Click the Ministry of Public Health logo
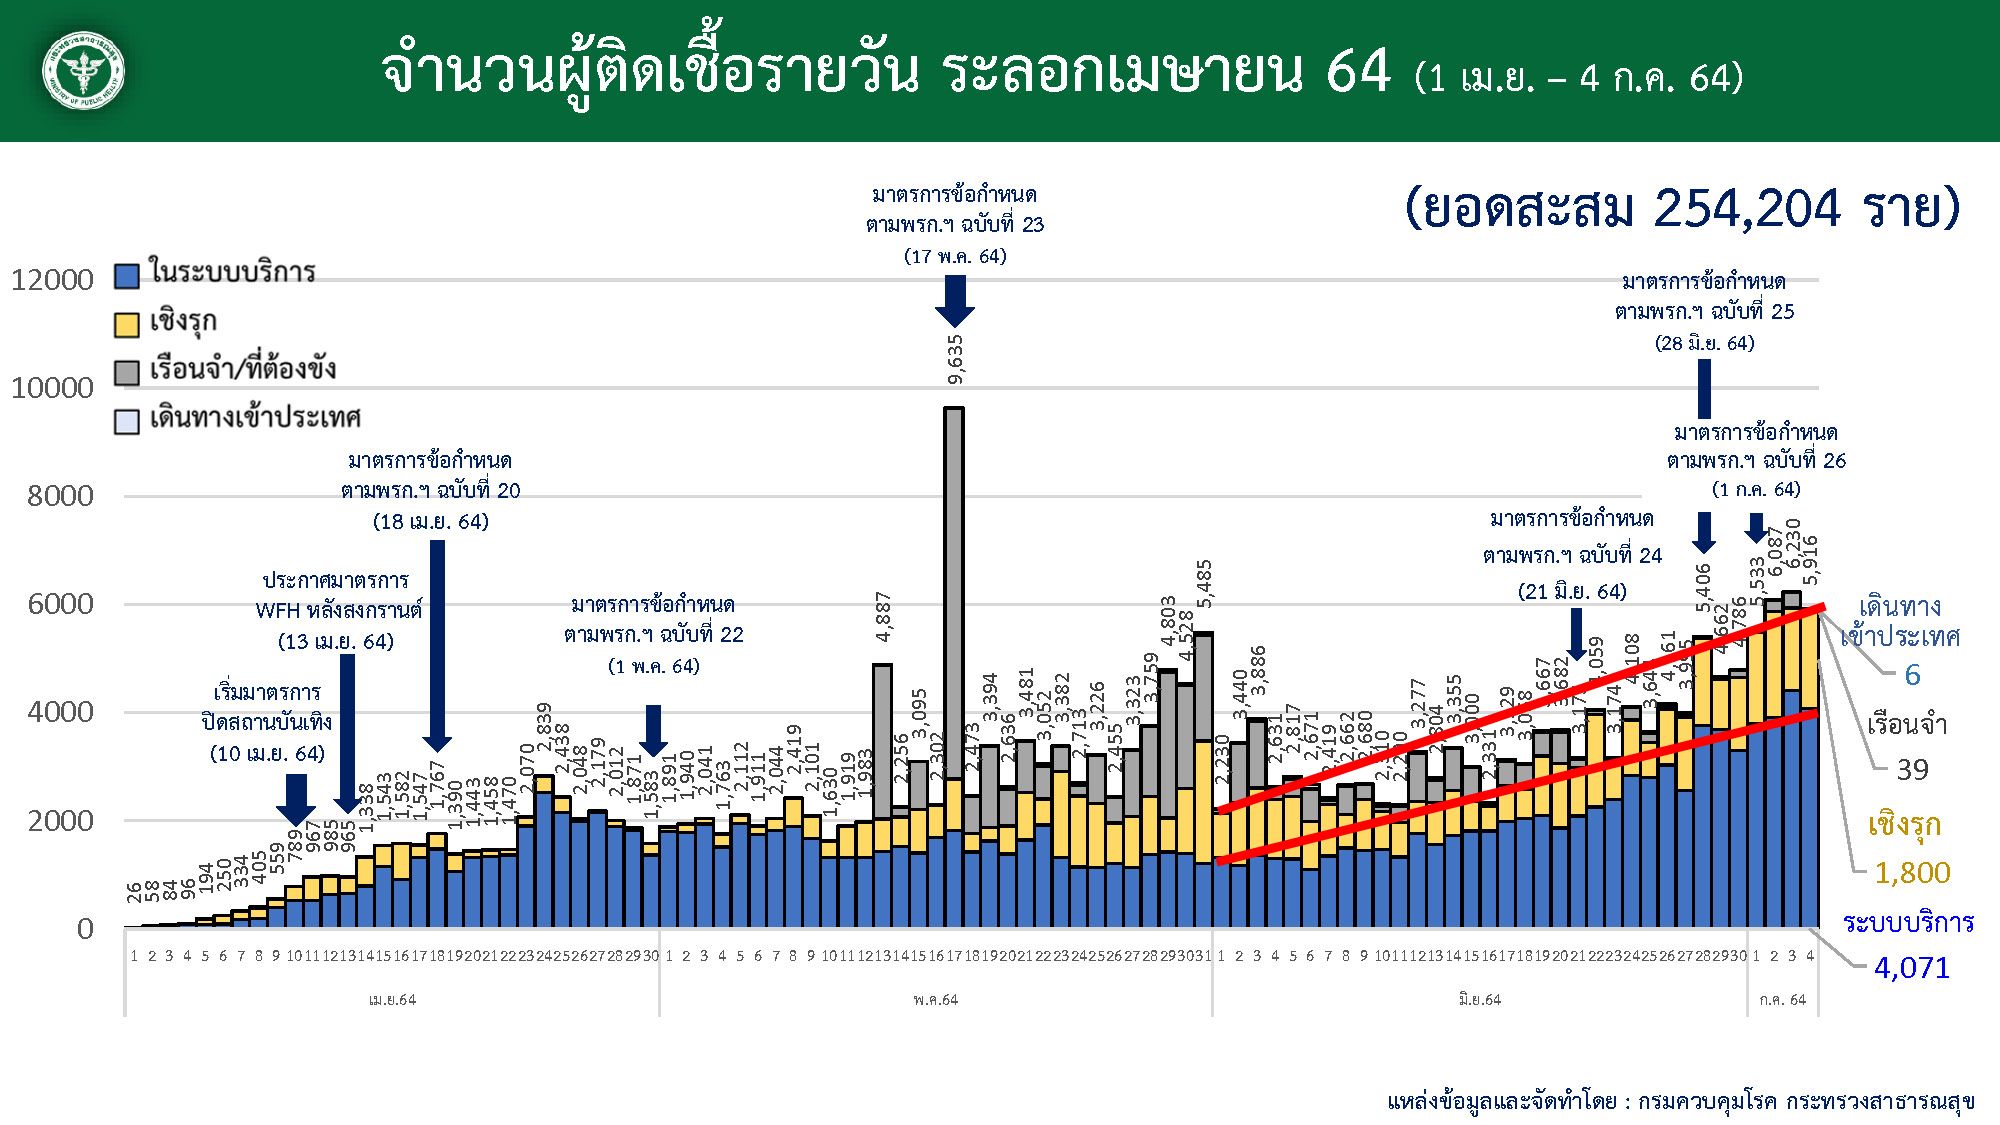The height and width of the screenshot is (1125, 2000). (84, 71)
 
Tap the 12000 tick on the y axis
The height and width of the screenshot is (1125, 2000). (52, 280)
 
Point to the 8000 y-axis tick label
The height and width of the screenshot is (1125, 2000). (60, 496)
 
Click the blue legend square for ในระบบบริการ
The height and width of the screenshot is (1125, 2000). (127, 275)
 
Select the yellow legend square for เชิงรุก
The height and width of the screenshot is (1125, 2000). (127, 324)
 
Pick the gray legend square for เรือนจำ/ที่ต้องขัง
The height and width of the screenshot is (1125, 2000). (127, 372)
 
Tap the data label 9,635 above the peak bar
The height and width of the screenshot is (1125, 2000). (956, 359)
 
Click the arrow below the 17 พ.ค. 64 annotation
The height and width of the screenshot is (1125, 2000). (955, 300)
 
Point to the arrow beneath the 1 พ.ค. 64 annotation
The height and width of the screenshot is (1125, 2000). (653, 730)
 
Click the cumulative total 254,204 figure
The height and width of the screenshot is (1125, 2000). (1746, 209)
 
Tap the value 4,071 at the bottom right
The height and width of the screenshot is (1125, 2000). (1911, 968)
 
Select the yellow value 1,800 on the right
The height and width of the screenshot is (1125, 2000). (1911, 873)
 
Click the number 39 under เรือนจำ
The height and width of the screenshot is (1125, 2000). (1912, 770)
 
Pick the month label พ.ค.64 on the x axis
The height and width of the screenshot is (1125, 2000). (935, 999)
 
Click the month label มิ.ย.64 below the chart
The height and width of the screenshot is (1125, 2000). (1479, 999)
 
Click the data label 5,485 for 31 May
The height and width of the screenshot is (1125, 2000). (1205, 584)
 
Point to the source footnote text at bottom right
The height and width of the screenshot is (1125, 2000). (1680, 1101)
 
